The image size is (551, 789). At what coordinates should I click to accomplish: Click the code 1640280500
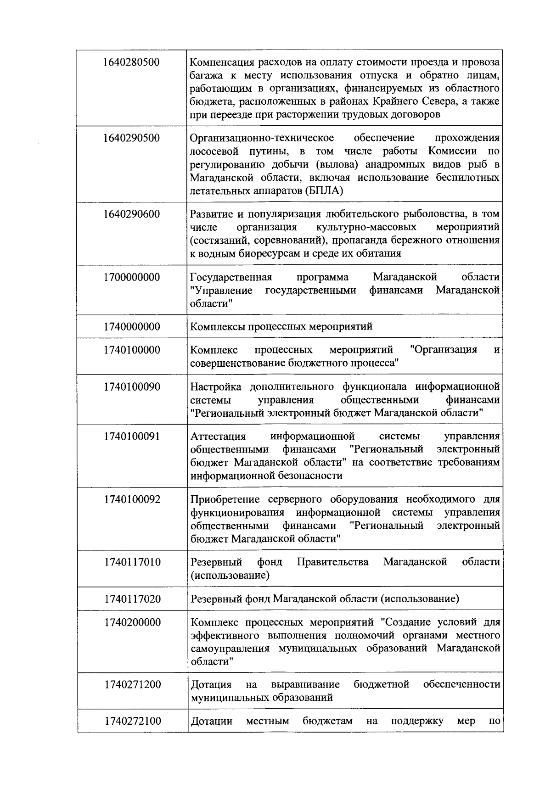click(x=132, y=62)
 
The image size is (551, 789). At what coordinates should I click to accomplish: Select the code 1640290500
click(x=132, y=138)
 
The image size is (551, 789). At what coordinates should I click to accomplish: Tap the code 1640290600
click(x=132, y=214)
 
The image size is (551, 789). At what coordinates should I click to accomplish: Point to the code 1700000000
click(x=132, y=278)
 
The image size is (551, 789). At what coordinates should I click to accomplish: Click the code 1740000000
click(x=132, y=327)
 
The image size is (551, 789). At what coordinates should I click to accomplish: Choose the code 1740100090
click(x=132, y=387)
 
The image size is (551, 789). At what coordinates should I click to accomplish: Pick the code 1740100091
click(x=132, y=436)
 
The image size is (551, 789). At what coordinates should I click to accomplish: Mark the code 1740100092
click(x=132, y=500)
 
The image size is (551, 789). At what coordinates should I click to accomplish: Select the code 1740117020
click(x=132, y=599)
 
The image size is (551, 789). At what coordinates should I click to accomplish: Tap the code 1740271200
click(x=132, y=685)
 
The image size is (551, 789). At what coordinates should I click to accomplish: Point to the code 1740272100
click(x=132, y=722)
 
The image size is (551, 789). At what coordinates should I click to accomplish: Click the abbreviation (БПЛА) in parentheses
click(x=323, y=191)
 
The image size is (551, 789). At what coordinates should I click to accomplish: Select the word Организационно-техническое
click(x=262, y=138)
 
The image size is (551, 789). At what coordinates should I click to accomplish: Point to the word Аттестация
click(x=218, y=436)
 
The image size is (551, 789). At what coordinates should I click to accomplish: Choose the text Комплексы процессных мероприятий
click(x=281, y=327)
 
